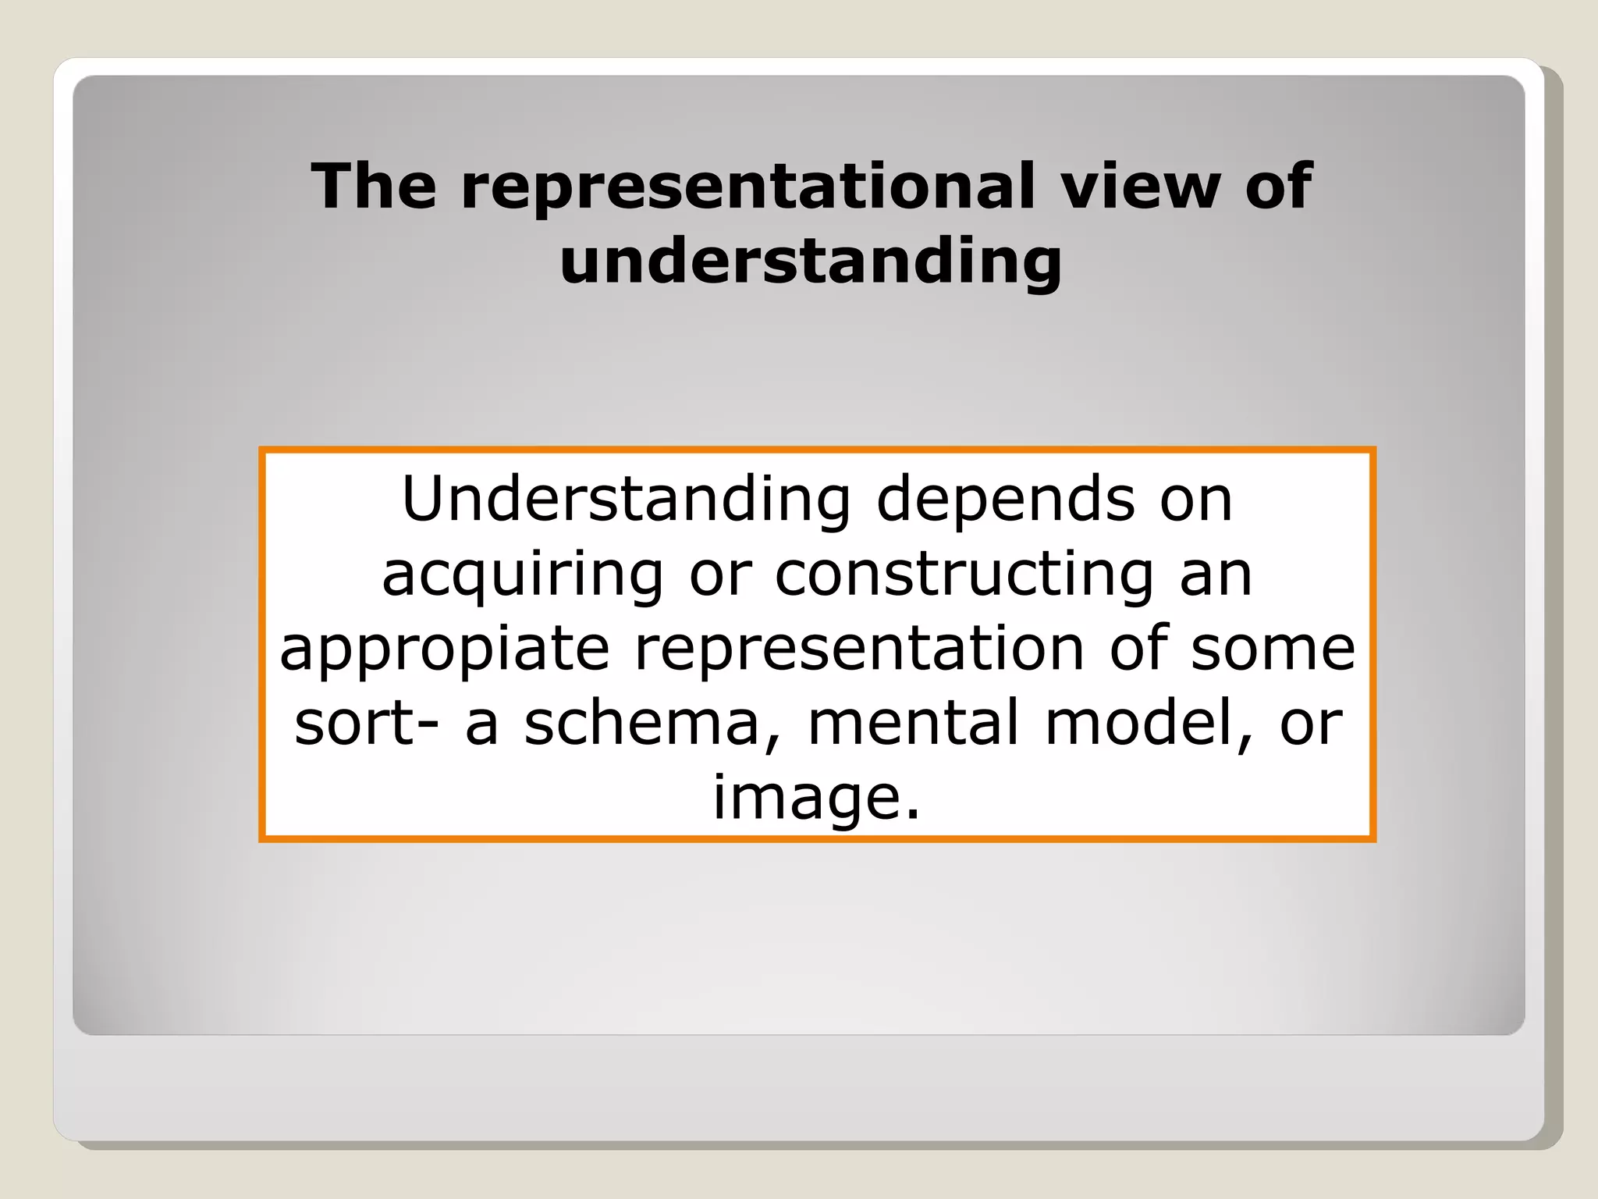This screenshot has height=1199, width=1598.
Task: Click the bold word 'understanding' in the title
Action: (811, 261)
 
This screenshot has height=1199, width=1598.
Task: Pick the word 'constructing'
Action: (964, 575)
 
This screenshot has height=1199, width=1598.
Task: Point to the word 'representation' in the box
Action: (859, 648)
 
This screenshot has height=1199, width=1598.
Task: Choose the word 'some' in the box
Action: (1273, 648)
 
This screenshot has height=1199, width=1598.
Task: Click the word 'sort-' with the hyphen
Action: (366, 723)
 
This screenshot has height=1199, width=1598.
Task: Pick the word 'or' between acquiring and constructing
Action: (720, 575)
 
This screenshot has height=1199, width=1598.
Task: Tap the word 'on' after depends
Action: (1195, 500)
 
